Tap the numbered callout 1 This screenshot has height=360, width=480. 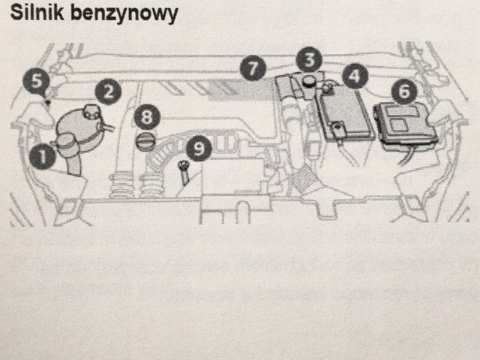tap(43, 156)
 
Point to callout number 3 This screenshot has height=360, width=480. tap(308, 58)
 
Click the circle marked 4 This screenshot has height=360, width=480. tap(355, 75)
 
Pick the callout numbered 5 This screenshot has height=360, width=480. tap(36, 80)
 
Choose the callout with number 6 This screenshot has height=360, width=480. tap(405, 91)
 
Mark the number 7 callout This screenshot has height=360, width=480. tap(253, 68)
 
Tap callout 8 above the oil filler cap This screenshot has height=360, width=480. tap(147, 116)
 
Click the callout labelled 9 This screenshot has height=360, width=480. tap(197, 148)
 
